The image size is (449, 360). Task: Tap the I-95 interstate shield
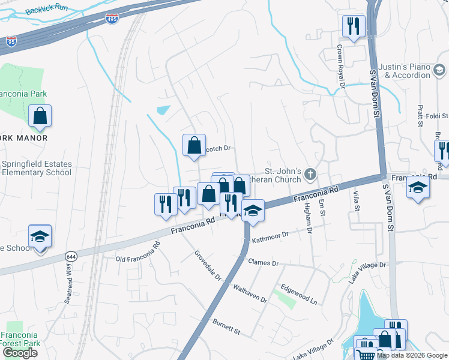coord(11,41)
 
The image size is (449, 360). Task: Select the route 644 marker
coord(70,257)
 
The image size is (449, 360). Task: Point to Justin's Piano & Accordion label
coord(408,71)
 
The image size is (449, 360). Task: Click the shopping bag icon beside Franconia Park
coord(40,116)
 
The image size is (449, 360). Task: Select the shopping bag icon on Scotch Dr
coord(194,145)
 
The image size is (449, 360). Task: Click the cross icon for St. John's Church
coord(310,175)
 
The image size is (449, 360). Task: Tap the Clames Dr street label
coord(263,263)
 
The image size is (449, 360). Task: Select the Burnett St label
coord(226,327)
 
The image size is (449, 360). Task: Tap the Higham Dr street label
coord(307,217)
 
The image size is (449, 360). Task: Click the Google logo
coord(19,353)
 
